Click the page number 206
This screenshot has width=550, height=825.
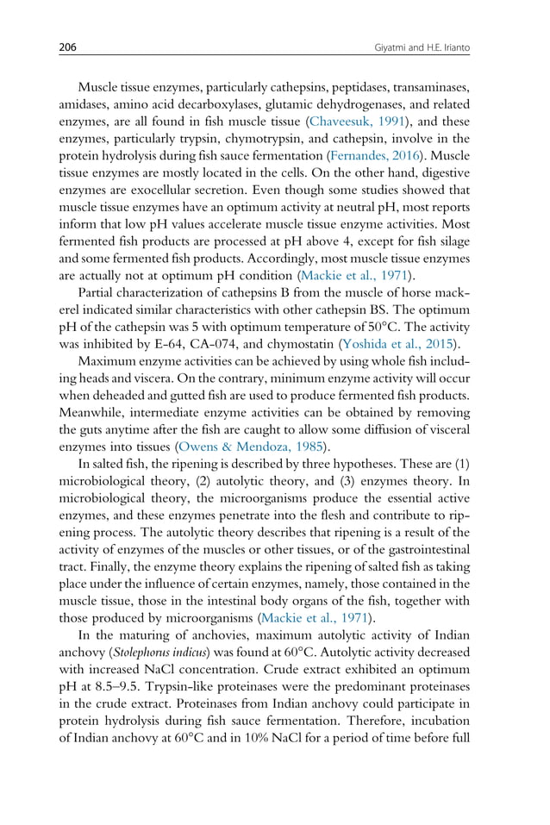pos(66,47)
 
